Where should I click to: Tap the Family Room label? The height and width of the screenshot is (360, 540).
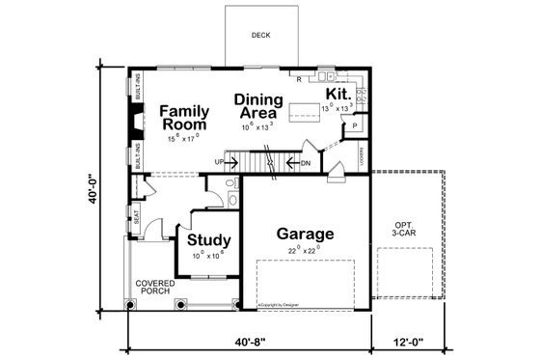point(185,118)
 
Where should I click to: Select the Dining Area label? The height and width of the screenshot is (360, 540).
point(258,106)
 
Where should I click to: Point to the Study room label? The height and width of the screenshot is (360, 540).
point(207,240)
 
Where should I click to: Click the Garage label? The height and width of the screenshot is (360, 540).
point(305,235)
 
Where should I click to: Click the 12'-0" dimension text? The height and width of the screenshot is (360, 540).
point(409,343)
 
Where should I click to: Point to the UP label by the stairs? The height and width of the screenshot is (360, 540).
point(218,162)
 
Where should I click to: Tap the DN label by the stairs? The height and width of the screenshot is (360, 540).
point(306,163)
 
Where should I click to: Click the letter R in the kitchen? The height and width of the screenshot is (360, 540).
point(300,77)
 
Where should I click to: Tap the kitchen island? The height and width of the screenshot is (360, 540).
point(308,109)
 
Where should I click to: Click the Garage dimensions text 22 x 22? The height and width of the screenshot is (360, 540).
point(304,251)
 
